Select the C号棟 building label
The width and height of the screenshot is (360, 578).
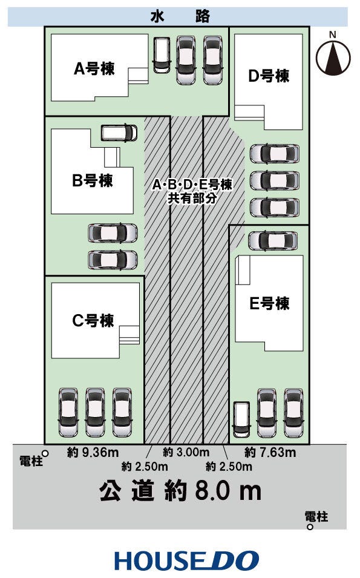93,321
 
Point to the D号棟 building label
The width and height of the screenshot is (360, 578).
269,76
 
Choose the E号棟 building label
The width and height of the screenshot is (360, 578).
269,303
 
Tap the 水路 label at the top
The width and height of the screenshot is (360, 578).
180,17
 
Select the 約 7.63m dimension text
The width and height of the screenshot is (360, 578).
270,452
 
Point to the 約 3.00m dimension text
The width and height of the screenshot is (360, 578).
186,452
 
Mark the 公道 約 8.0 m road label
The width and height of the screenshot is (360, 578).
180,491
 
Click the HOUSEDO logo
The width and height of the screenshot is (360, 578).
186,560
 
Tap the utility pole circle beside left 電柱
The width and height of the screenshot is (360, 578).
45,452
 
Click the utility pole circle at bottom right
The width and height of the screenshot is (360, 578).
310,527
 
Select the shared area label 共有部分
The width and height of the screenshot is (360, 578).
192,198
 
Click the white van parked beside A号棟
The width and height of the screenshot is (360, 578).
162,55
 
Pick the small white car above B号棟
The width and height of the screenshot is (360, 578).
119,133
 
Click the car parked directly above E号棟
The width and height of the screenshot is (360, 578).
273,240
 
